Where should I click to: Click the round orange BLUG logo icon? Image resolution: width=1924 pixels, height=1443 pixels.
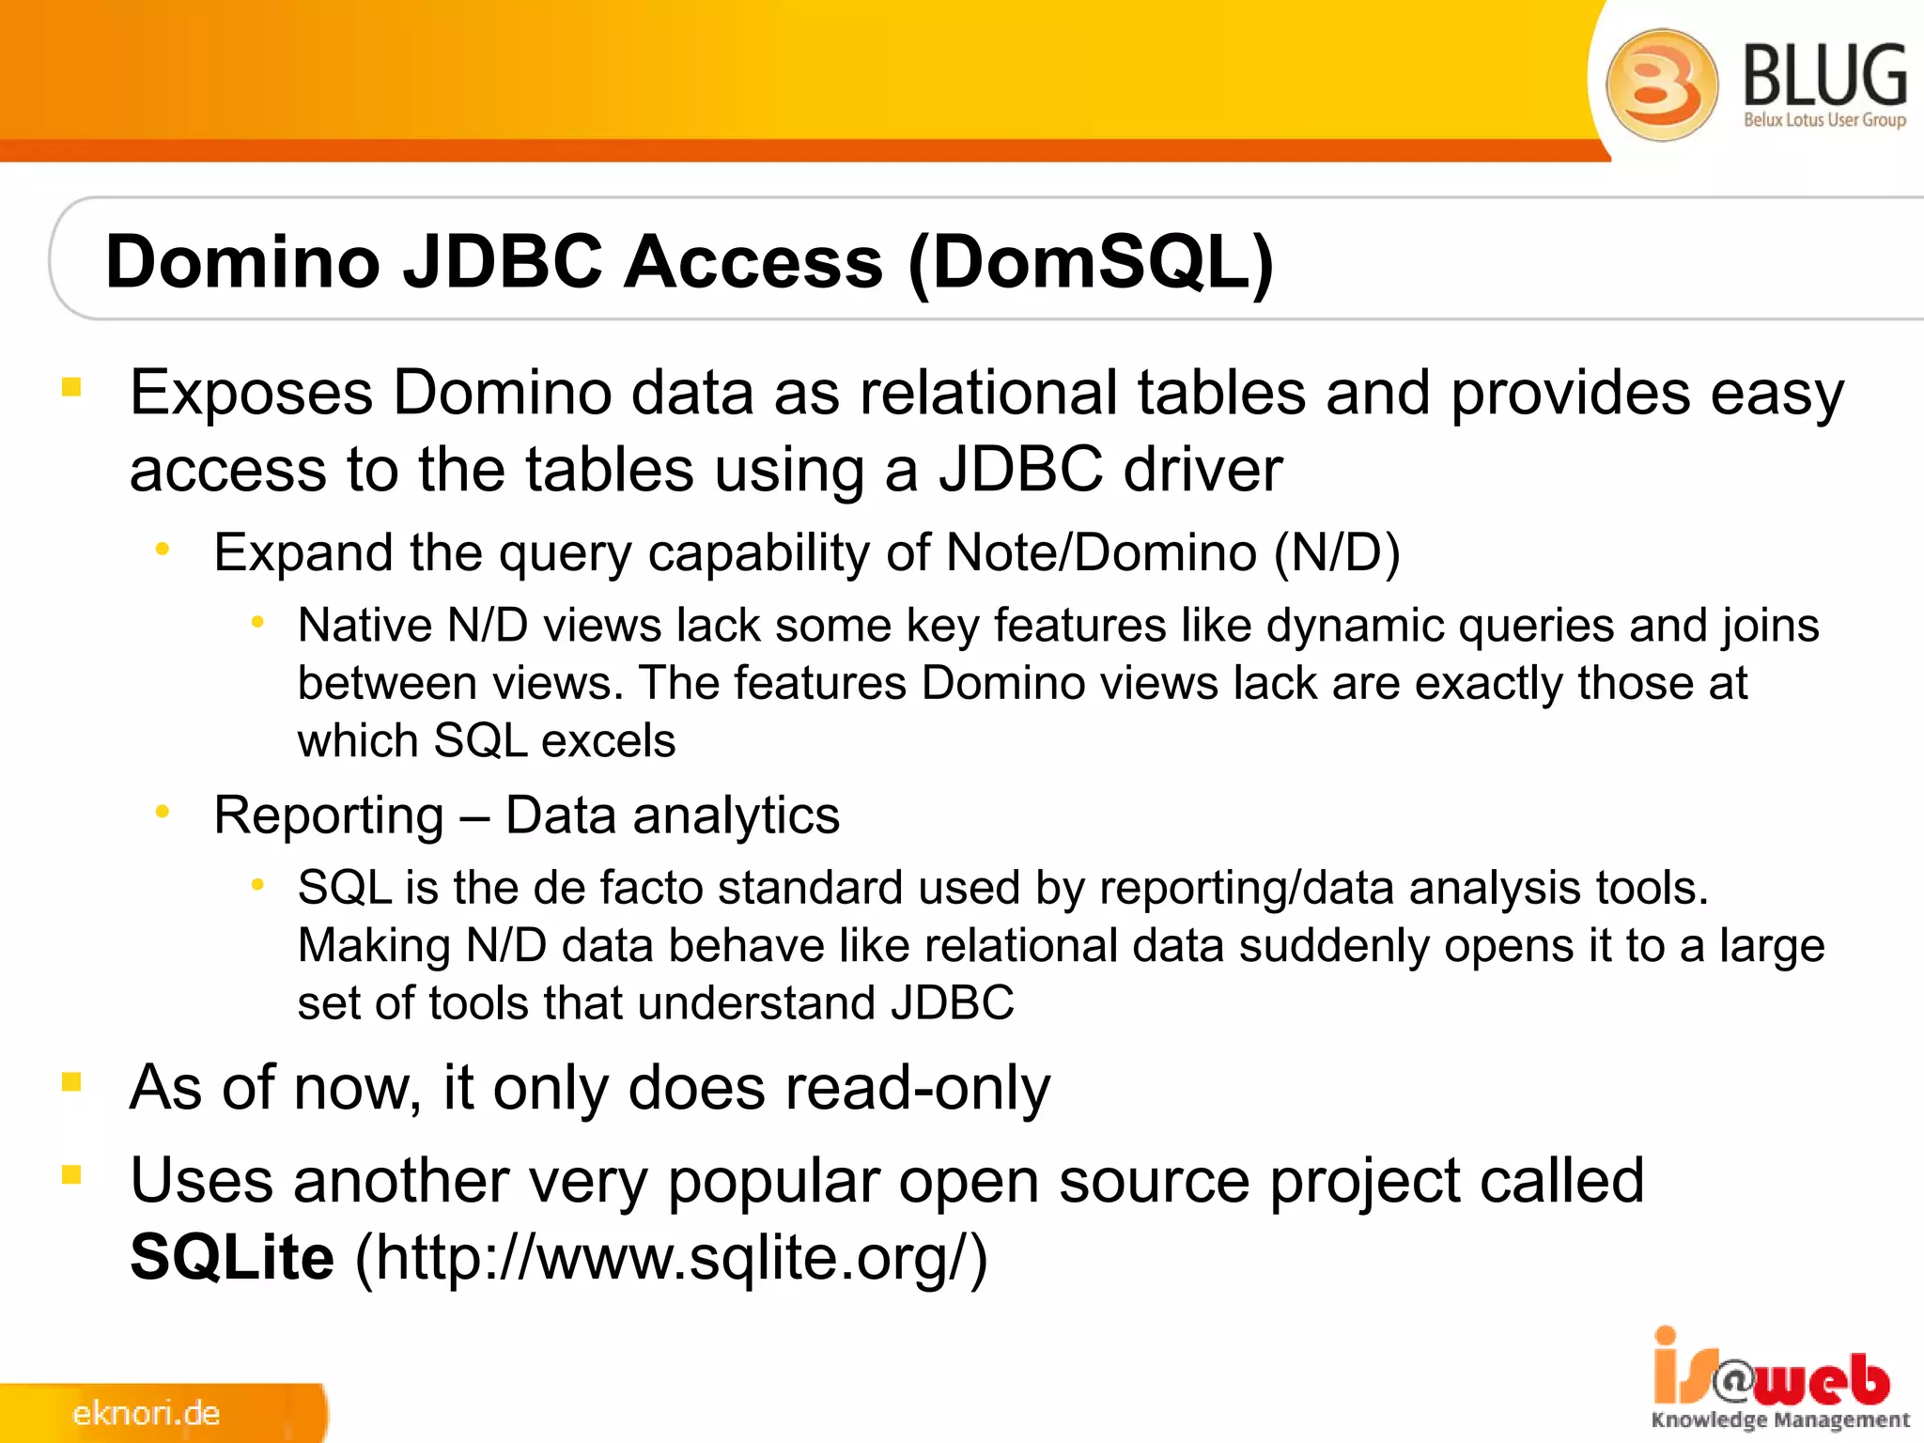tap(1661, 85)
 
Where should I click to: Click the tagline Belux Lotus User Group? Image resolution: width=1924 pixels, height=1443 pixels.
tap(1824, 120)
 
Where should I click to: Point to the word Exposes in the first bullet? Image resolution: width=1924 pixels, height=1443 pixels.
tap(251, 393)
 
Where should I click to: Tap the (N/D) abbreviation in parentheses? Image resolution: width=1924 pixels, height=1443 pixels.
tap(1337, 552)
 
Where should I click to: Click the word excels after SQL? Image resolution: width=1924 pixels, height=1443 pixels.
tap(608, 741)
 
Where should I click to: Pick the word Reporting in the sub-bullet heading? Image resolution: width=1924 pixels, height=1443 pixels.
tap(329, 815)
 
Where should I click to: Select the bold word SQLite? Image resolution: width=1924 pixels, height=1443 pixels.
tap(232, 1257)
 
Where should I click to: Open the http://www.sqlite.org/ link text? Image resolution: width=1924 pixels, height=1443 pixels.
tap(671, 1257)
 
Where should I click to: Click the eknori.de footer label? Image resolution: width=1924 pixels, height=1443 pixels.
tap(147, 1413)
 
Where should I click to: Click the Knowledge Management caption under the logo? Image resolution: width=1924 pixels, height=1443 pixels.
tap(1780, 1420)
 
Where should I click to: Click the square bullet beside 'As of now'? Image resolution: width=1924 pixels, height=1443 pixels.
tap(71, 1082)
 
